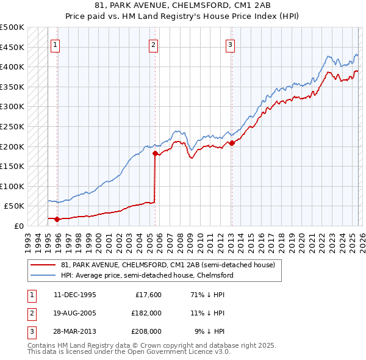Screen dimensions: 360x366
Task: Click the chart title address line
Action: tap(182, 7)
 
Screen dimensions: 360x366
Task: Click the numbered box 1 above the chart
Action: tap(56, 44)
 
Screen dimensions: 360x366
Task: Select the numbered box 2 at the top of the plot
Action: tap(153, 44)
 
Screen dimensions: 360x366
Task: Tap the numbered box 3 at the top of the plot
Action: tap(231, 44)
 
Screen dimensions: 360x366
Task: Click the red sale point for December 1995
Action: tap(57, 218)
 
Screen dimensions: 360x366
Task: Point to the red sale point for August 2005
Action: tap(155, 154)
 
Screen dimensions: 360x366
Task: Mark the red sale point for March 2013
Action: tap(232, 143)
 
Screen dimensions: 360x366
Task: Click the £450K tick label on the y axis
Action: tap(12, 47)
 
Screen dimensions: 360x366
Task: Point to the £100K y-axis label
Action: tap(12, 186)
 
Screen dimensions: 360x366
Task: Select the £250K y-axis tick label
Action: tap(12, 126)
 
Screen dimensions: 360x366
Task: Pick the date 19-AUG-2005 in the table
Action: tap(74, 313)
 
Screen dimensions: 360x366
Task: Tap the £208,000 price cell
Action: tap(146, 331)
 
